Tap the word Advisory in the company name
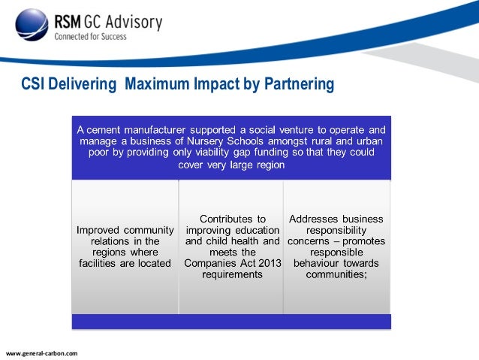(x=135, y=22)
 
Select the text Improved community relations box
(x=125, y=246)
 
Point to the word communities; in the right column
(x=336, y=274)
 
